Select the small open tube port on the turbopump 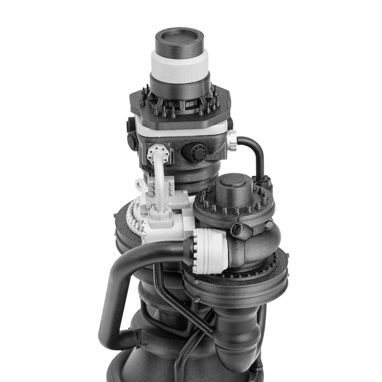(238, 228)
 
